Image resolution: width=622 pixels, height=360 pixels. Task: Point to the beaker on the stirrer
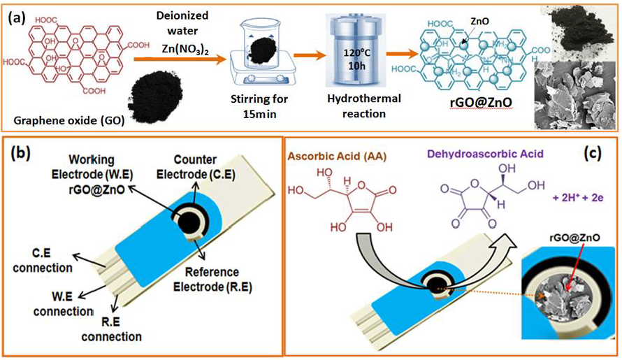tap(263, 52)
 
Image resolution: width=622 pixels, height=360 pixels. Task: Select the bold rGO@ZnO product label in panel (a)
tap(482, 103)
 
